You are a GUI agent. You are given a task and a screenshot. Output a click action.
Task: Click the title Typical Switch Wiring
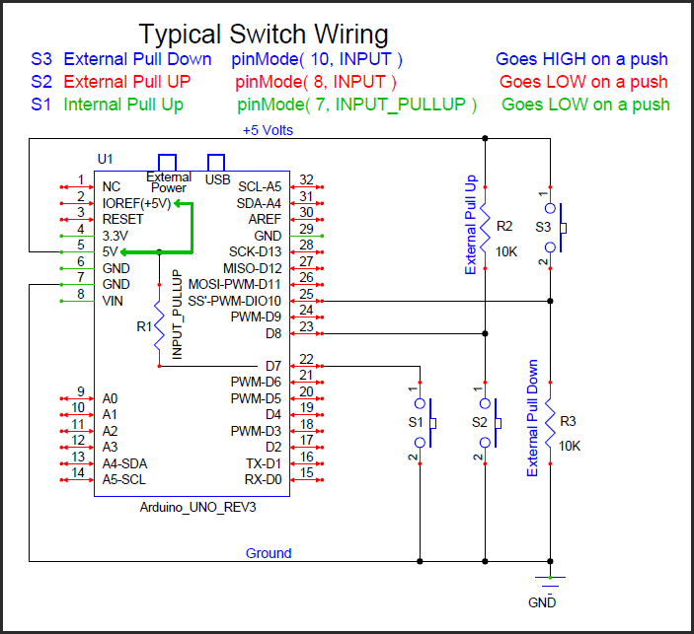(x=263, y=34)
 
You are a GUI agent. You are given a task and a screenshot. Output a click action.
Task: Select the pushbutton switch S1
(x=423, y=423)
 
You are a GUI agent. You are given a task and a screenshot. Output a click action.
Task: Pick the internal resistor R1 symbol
(x=159, y=326)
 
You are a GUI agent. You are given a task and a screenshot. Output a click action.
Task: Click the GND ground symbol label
(x=542, y=601)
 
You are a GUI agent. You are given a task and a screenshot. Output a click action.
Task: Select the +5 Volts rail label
(x=268, y=130)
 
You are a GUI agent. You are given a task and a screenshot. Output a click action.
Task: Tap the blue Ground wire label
(x=269, y=553)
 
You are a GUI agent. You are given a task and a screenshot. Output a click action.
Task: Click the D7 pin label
(x=274, y=366)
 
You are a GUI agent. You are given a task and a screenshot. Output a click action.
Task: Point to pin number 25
(x=306, y=294)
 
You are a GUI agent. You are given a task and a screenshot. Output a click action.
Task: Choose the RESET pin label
(x=122, y=219)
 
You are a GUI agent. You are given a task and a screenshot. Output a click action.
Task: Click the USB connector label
(x=217, y=179)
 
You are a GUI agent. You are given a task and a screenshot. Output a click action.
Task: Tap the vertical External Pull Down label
(x=533, y=419)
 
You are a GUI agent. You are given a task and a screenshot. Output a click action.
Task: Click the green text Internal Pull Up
(x=123, y=104)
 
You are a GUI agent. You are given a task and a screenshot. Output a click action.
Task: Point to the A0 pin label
(x=110, y=398)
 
